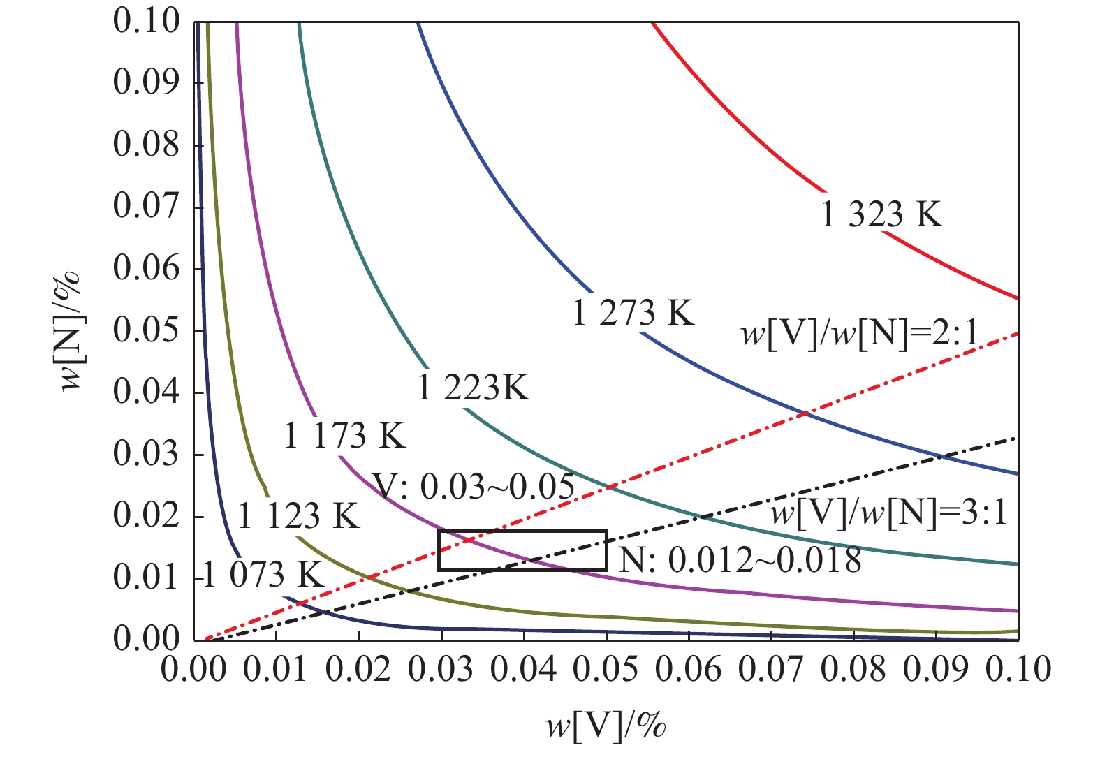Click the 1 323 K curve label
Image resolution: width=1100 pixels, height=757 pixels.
[x=881, y=214]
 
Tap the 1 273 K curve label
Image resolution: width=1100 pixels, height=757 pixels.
[x=633, y=313]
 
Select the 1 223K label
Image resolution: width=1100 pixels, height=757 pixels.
[x=474, y=388]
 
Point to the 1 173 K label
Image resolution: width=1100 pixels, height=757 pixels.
[x=344, y=436]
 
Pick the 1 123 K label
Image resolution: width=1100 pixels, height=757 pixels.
[x=298, y=517]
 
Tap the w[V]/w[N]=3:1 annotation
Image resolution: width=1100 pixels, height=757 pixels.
[x=890, y=514]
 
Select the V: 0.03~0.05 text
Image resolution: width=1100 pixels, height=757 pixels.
[x=474, y=487]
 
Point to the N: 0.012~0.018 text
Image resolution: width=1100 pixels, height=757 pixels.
[x=740, y=560]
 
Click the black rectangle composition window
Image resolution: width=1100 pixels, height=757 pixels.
[x=522, y=550]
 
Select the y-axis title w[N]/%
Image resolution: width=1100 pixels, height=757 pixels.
[x=71, y=330]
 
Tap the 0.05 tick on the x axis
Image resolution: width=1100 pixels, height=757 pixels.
[x=606, y=669]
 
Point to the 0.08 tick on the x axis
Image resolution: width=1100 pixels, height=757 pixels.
[x=853, y=669]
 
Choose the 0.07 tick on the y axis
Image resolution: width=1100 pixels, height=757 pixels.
[x=146, y=207]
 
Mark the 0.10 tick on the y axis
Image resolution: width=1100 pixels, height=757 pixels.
[x=146, y=22]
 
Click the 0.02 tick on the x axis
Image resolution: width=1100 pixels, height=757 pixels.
[x=358, y=669]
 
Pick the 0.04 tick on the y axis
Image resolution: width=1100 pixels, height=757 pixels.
[x=146, y=392]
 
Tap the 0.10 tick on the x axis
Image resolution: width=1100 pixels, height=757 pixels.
[x=1018, y=669]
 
